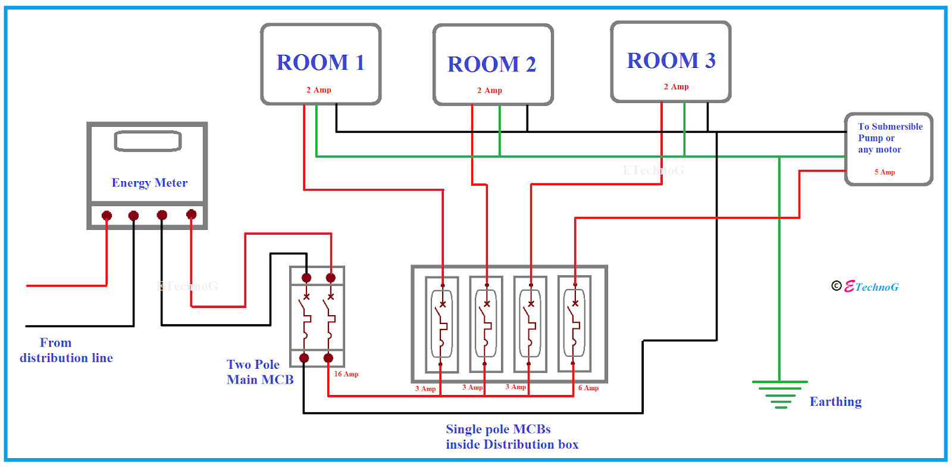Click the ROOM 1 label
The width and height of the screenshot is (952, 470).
tap(320, 63)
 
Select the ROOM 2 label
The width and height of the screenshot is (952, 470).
tap(491, 64)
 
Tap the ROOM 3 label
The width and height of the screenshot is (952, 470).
tap(671, 61)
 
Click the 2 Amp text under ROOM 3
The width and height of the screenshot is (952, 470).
tap(676, 87)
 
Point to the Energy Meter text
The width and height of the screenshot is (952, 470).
tap(149, 183)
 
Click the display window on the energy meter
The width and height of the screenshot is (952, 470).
tap(148, 141)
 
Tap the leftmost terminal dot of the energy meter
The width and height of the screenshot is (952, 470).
tap(107, 216)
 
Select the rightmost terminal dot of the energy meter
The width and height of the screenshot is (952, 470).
tap(191, 214)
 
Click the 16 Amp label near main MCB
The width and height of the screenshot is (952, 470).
tap(346, 374)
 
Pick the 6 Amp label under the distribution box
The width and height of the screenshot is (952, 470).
tap(588, 388)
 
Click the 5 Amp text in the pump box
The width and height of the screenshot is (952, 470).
tap(884, 172)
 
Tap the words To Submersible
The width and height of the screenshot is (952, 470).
tap(890, 127)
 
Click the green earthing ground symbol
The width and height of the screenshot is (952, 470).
tap(779, 394)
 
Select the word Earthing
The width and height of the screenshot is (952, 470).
tap(835, 401)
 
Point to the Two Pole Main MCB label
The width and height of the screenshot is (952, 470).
tap(260, 372)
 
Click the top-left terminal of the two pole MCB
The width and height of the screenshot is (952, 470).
tap(306, 278)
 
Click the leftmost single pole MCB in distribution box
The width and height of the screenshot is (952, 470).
tap(441, 325)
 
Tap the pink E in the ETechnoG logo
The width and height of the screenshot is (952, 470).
tap(849, 287)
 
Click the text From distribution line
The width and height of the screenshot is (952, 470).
tap(65, 350)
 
